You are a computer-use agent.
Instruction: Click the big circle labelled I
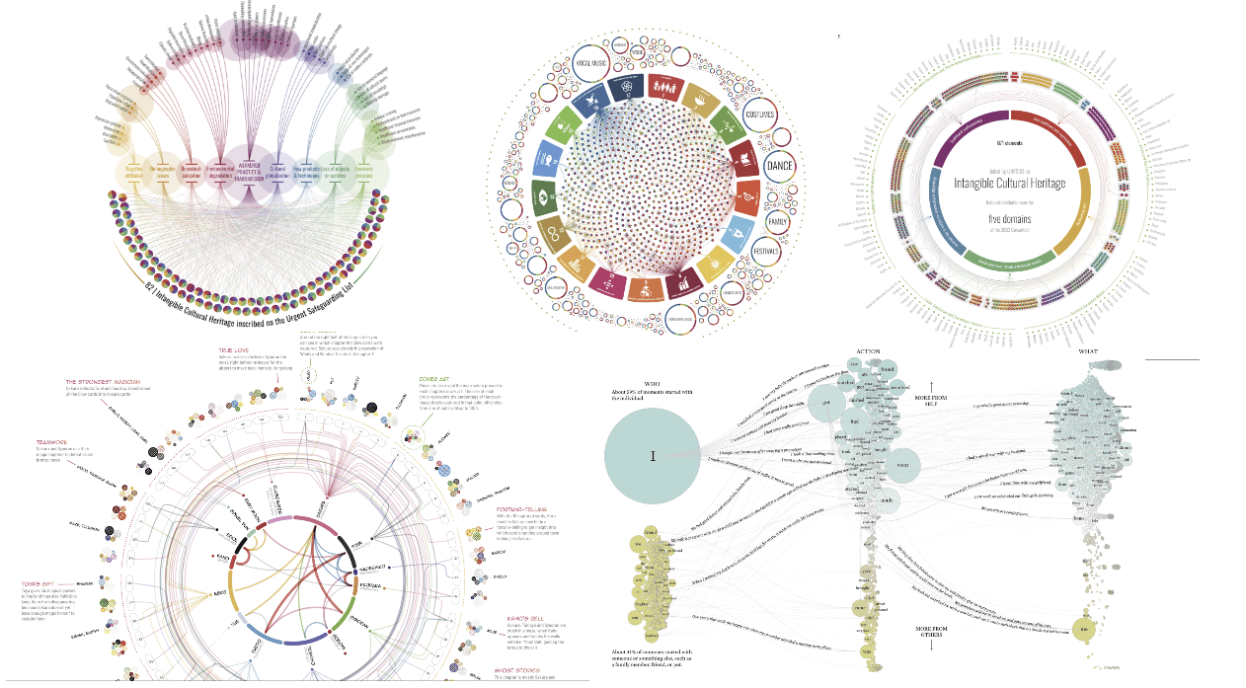coord(653,456)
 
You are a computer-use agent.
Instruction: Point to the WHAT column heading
coord(1087,350)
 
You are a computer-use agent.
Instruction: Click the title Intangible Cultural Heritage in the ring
coord(1009,183)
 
